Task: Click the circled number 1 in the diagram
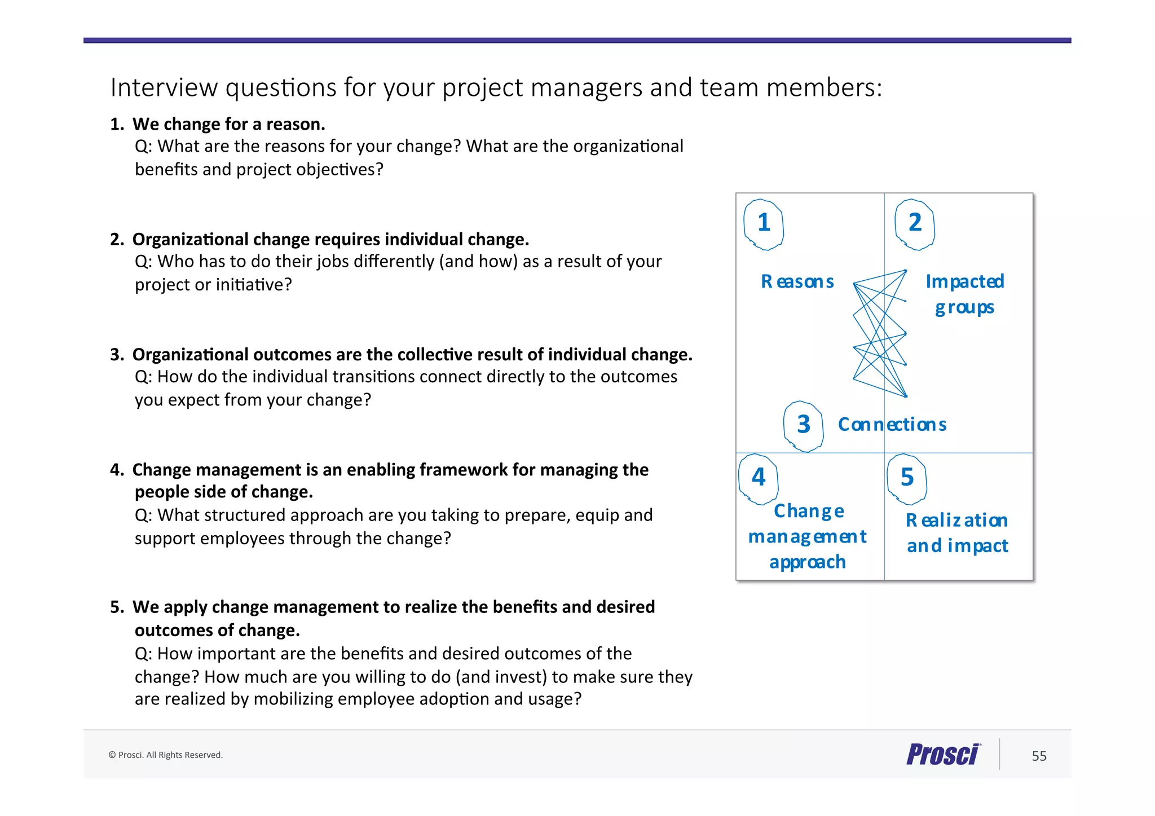pyautogui.click(x=764, y=223)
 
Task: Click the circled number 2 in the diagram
pyautogui.click(x=915, y=223)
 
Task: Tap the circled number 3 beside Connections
pyautogui.click(x=804, y=425)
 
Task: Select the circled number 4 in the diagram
pyautogui.click(x=759, y=478)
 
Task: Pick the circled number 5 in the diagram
pyautogui.click(x=907, y=478)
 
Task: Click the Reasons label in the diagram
pyautogui.click(x=797, y=281)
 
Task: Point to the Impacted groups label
pyautogui.click(x=964, y=294)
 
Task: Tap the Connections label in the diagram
pyautogui.click(x=892, y=425)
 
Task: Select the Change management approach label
pyautogui.click(x=808, y=536)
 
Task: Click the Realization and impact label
pyautogui.click(x=957, y=533)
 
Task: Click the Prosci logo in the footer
pyautogui.click(x=943, y=755)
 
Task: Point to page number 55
pyautogui.click(x=1039, y=756)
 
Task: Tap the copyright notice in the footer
pyautogui.click(x=165, y=755)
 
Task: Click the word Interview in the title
pyautogui.click(x=164, y=88)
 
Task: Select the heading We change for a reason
pyautogui.click(x=228, y=124)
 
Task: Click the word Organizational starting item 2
pyautogui.click(x=190, y=240)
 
